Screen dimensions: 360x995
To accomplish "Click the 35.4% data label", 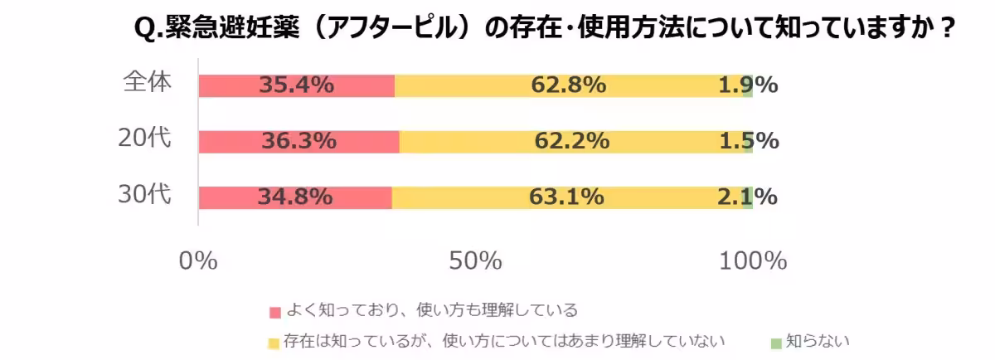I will click(296, 85).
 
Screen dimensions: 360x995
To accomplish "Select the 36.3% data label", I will click(298, 142).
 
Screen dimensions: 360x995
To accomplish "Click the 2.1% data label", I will click(748, 197).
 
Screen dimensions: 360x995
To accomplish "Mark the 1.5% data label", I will click(749, 142).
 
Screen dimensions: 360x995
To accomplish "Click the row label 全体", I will click(147, 83).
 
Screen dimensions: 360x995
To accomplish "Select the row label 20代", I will click(144, 139).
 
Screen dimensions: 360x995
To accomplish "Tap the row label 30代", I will click(144, 195).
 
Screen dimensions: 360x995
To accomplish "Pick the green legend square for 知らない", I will click(776, 341).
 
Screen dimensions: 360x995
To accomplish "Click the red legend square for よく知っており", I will click(275, 312).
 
